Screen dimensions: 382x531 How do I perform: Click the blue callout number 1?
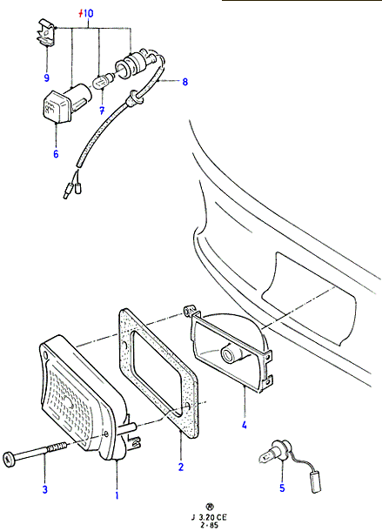(117, 495)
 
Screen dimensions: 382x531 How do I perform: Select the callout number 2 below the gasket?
(181, 467)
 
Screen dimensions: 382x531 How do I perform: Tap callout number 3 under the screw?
(45, 489)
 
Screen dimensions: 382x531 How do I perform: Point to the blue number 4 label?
(245, 425)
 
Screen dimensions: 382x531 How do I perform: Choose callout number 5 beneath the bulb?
(283, 488)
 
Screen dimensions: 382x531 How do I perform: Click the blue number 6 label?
(56, 154)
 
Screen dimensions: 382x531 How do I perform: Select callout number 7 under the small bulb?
(102, 111)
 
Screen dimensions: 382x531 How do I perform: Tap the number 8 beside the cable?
(184, 82)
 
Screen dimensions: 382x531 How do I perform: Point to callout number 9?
(46, 77)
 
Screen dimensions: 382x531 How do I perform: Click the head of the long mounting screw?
(9, 459)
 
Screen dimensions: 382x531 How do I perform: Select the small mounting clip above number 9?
(46, 32)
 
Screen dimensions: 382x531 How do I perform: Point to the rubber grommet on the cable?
(133, 97)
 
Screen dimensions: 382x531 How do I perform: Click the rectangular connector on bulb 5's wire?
(315, 481)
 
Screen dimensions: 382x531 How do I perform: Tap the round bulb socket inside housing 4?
(231, 354)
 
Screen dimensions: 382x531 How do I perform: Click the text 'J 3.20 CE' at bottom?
(209, 517)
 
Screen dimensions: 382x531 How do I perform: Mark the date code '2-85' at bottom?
(209, 526)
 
